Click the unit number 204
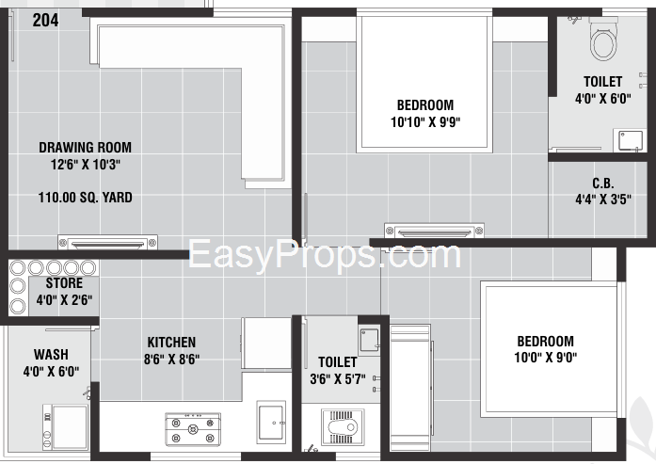pyautogui.click(x=45, y=20)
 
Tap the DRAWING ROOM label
pyautogui.click(x=86, y=147)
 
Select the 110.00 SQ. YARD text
pyautogui.click(x=86, y=197)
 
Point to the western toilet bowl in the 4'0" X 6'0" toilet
pyautogui.click(x=603, y=38)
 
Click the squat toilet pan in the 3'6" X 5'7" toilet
pyautogui.click(x=343, y=427)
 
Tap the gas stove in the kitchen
pyautogui.click(x=193, y=429)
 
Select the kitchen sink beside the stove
pyautogui.click(x=271, y=422)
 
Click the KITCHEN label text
pyautogui.click(x=171, y=343)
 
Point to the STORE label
pyautogui.click(x=64, y=283)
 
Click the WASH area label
pyautogui.click(x=51, y=355)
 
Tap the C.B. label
pyautogui.click(x=603, y=184)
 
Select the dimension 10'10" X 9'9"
pyautogui.click(x=425, y=122)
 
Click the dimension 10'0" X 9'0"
pyautogui.click(x=546, y=358)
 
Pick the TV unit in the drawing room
pyautogui.click(x=107, y=242)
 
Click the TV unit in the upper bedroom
pyautogui.click(x=434, y=231)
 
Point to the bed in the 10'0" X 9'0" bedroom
pyautogui.click(x=549, y=349)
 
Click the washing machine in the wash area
pyautogui.click(x=66, y=426)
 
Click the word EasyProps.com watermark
pyautogui.click(x=325, y=253)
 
